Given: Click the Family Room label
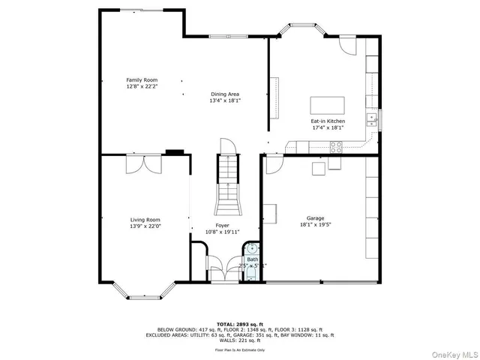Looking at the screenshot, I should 141,79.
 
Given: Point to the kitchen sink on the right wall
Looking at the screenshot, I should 372,119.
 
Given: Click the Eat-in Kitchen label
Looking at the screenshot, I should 328,121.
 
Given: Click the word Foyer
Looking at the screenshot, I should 223,225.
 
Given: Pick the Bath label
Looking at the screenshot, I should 253,259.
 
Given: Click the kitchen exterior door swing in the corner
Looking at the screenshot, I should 346,43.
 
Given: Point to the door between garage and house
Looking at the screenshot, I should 273,160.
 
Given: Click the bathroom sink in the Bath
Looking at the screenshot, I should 253,248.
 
